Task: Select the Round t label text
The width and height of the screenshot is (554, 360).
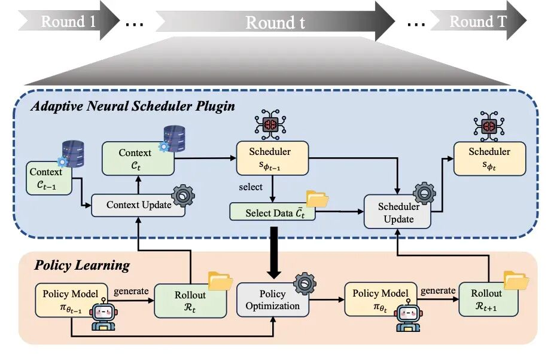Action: (275, 22)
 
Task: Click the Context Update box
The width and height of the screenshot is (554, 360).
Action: (138, 205)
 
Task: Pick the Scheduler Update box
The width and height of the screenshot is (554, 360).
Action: (397, 212)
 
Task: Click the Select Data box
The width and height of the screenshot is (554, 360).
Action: (272, 212)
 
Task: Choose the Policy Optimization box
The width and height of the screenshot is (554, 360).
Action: (272, 300)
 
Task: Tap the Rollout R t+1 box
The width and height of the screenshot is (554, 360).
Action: (488, 299)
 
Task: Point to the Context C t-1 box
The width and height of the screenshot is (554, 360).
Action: (48, 178)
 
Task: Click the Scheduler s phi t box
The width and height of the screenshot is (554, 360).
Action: (490, 158)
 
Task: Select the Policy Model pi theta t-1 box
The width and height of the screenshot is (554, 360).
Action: (71, 300)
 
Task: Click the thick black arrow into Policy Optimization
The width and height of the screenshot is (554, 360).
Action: (274, 253)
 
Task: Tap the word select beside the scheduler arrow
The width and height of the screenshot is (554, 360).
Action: (251, 187)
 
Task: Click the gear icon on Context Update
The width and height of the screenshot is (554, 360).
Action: (183, 196)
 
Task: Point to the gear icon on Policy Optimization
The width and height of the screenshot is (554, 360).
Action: (305, 283)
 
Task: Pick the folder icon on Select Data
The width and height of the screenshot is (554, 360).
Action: (317, 199)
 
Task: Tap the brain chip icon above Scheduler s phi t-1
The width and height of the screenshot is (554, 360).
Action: (270, 124)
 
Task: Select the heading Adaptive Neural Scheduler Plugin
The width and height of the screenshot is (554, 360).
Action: (133, 106)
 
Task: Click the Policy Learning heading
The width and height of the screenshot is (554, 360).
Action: (82, 266)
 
